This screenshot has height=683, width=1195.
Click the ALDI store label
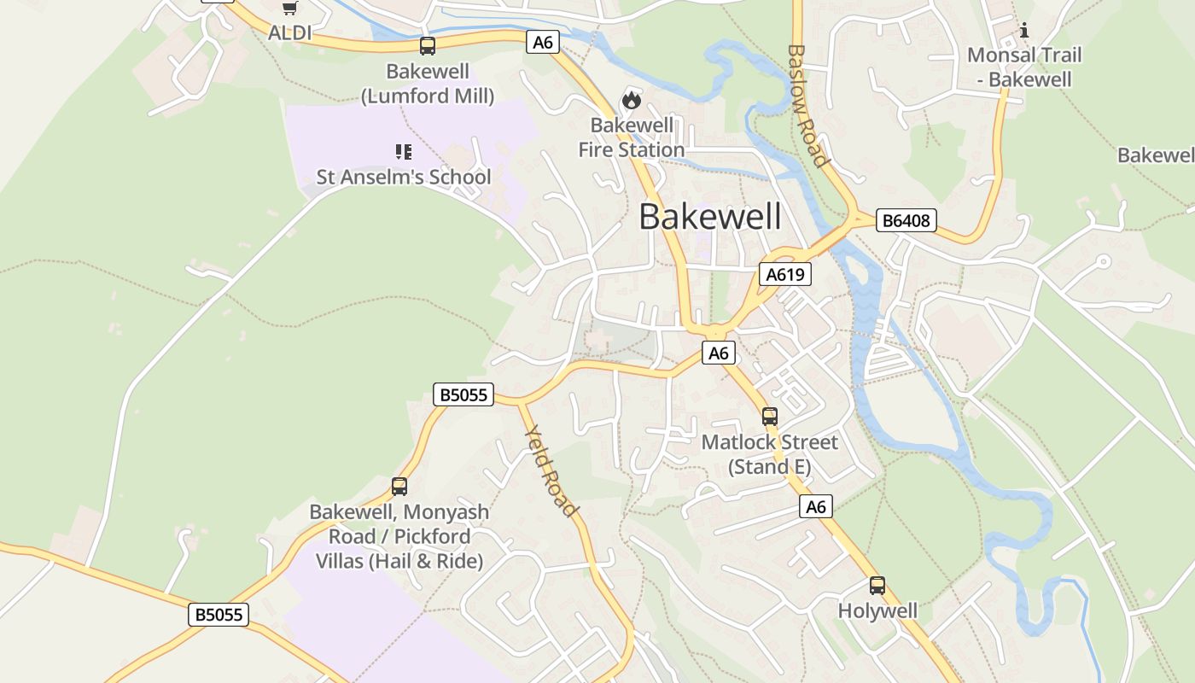point(289,33)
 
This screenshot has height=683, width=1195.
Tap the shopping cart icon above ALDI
point(289,8)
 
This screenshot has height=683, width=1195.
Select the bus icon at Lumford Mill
point(428,46)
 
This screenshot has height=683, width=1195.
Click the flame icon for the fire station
point(632,100)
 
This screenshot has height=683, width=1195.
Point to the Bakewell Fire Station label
point(632,137)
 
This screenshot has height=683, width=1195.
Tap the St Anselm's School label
point(404,177)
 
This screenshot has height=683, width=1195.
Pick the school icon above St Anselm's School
point(404,152)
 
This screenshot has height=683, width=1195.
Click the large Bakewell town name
point(709,217)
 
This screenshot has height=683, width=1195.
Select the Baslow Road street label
point(807,106)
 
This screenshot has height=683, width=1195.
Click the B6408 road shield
point(906,221)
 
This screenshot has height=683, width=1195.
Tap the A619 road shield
point(784,274)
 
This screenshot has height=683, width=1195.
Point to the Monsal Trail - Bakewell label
point(1023,67)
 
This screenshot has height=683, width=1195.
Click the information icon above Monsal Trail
point(1024,31)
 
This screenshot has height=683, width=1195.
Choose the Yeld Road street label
point(551,470)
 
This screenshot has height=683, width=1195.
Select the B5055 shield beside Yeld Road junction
point(463,394)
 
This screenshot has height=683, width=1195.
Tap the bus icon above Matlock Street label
point(770,417)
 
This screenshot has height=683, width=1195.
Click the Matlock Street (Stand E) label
point(770,454)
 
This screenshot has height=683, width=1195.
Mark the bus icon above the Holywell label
point(877,586)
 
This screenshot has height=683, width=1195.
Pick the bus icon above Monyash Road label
point(399,487)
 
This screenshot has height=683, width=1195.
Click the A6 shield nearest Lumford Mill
point(543,42)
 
